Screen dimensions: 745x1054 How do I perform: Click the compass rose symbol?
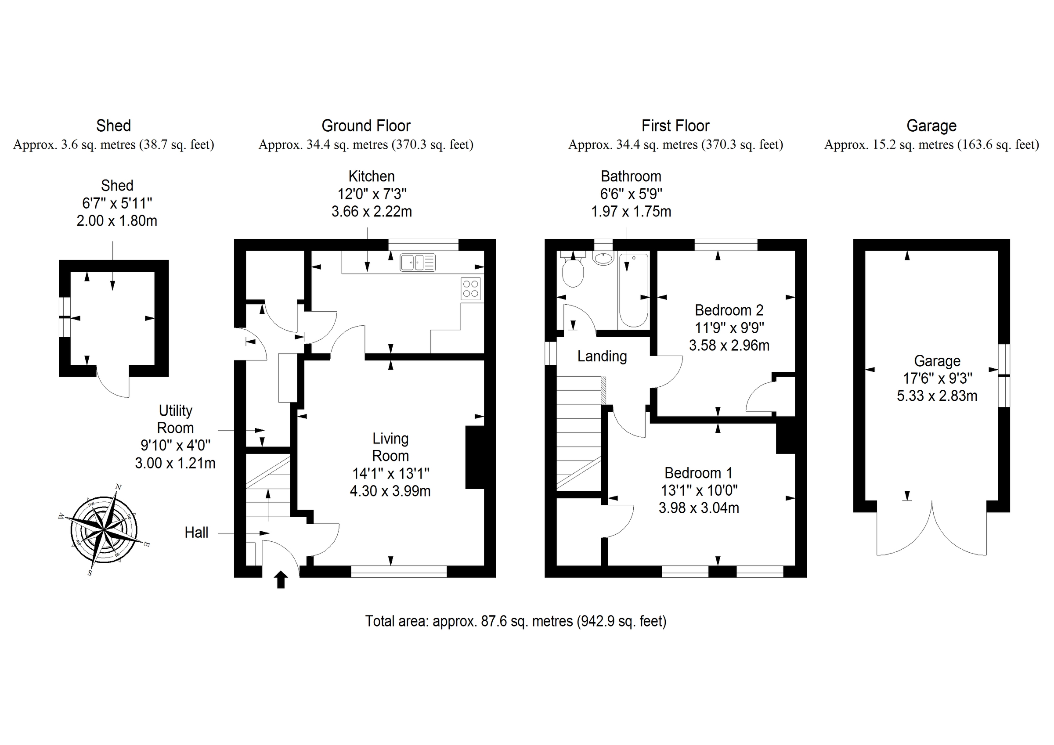click(105, 530)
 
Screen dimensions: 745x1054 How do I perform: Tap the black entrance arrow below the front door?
click(281, 580)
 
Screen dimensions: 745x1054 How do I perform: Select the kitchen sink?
click(417, 263)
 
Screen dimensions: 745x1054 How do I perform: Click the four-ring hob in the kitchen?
click(470, 289)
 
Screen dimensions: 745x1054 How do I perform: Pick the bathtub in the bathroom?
click(634, 291)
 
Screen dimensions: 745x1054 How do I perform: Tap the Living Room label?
click(390, 447)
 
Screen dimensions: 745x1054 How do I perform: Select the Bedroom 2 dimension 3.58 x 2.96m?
click(729, 345)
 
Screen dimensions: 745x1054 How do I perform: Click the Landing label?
click(602, 356)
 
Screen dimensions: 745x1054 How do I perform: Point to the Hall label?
click(196, 533)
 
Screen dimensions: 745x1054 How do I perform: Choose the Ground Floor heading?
click(366, 125)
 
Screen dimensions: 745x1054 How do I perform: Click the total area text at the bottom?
click(516, 621)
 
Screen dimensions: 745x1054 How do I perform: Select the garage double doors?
click(931, 533)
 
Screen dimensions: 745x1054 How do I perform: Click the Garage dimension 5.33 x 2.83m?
click(937, 396)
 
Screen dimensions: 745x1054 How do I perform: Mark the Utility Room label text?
click(175, 419)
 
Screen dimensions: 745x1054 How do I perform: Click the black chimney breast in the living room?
click(475, 457)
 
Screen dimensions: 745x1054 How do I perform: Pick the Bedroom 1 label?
click(698, 473)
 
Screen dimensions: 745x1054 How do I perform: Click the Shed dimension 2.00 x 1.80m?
click(117, 221)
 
